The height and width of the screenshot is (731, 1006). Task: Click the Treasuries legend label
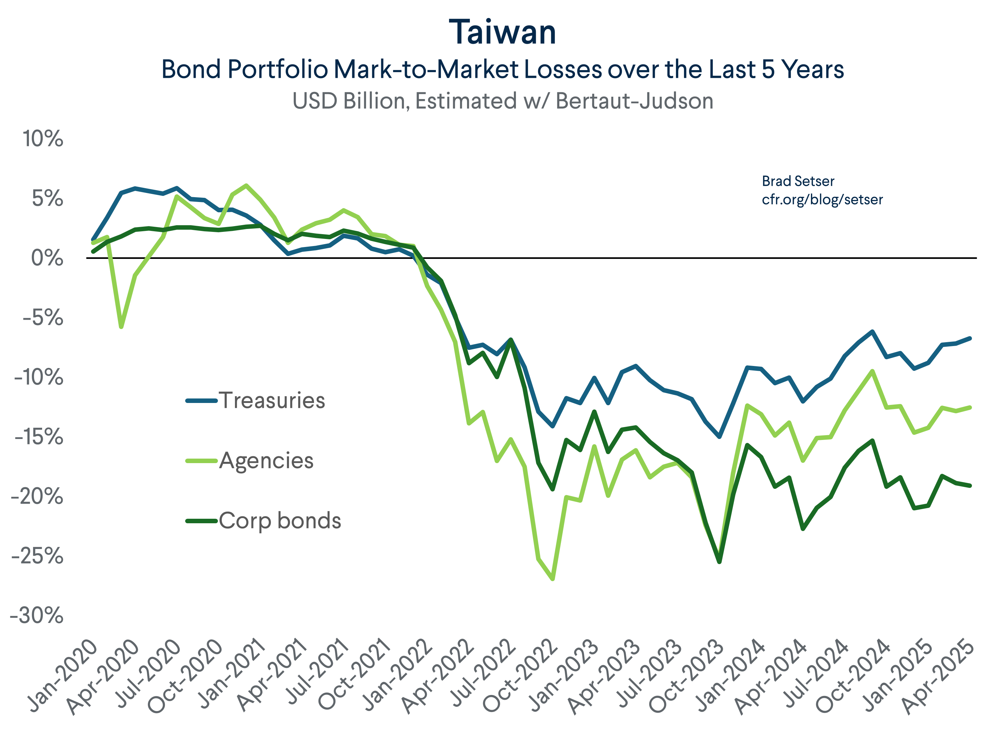272,400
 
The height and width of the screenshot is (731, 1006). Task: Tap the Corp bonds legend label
280,521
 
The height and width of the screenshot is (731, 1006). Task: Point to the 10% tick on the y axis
43,139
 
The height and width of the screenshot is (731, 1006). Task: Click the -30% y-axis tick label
37,616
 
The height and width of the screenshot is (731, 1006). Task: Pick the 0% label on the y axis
47,258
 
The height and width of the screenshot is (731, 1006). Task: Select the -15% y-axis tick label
39,437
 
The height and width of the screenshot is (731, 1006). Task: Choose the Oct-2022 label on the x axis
521,677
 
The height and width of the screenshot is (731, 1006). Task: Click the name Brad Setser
798,181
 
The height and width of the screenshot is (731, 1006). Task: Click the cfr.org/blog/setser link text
822,200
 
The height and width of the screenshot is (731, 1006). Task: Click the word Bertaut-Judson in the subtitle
634,101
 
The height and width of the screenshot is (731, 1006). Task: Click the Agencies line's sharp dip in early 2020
121,327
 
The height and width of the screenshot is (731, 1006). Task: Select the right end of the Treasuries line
970,338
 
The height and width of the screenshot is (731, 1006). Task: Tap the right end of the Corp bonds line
970,486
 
